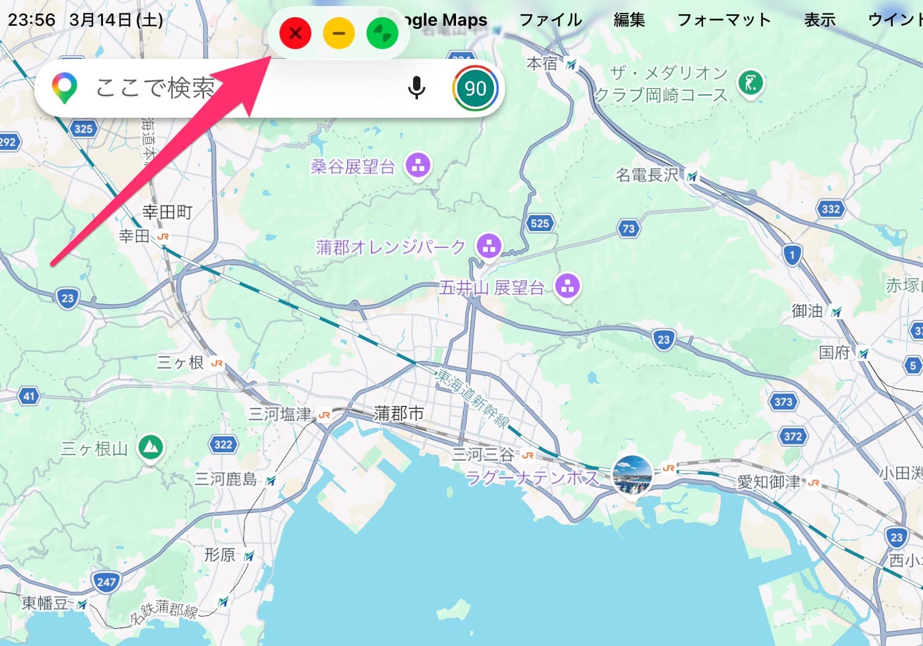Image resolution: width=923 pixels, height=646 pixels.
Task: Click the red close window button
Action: pos(295,33)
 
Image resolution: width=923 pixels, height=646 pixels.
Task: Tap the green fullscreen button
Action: pos(382,33)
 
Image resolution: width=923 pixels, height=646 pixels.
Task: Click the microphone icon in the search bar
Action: pos(417,88)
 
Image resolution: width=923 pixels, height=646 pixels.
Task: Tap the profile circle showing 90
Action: pos(476,88)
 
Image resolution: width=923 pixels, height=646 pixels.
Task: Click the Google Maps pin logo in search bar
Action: pos(64,88)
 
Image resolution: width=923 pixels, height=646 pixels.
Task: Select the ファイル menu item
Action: pos(550,20)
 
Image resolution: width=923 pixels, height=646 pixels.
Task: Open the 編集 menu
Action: pos(629,20)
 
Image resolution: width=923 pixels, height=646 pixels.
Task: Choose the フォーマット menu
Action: pos(724,20)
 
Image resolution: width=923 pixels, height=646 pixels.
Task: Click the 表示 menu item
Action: pos(819,20)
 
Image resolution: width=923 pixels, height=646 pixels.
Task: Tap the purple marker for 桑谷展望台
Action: pos(418,165)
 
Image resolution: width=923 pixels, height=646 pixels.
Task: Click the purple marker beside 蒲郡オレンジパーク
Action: pos(488,247)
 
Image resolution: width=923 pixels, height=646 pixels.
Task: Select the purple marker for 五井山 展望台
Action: pos(567,286)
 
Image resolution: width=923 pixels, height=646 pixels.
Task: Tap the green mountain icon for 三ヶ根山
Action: pos(150,448)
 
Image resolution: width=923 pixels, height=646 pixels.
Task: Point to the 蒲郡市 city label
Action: pos(399,414)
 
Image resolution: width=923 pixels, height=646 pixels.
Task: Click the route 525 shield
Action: pos(539,223)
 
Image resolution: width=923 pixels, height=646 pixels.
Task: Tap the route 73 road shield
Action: pos(628,229)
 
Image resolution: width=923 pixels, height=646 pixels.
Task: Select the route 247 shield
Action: pos(106,582)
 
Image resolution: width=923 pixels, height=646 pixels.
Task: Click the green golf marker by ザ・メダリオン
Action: pos(750,82)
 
